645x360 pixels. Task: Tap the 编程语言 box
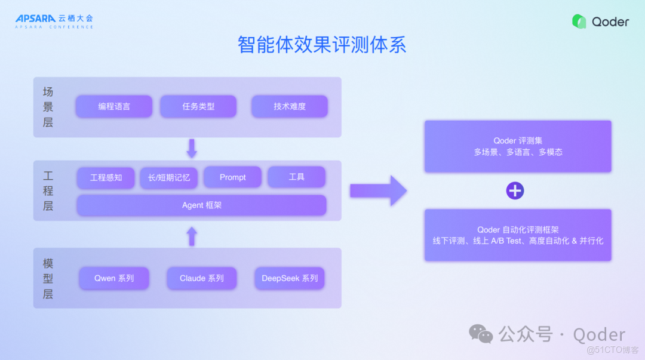114,107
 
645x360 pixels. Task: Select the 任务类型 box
198,107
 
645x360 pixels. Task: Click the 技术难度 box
290,107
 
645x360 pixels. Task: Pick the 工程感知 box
106,177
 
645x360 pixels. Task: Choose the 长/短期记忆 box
169,177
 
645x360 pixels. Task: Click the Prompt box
232,177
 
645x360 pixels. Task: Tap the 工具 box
296,177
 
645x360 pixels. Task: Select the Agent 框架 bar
201,205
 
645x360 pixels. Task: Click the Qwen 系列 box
114,278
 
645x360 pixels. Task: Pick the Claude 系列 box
202,278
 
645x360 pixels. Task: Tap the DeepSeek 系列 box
290,278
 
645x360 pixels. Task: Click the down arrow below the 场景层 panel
192,148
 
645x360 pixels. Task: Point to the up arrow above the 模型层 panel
192,236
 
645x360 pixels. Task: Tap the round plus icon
515,191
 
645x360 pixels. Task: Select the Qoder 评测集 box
518,146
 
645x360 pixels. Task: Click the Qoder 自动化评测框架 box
518,235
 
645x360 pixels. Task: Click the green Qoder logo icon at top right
579,21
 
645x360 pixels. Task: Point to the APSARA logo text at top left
35,19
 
